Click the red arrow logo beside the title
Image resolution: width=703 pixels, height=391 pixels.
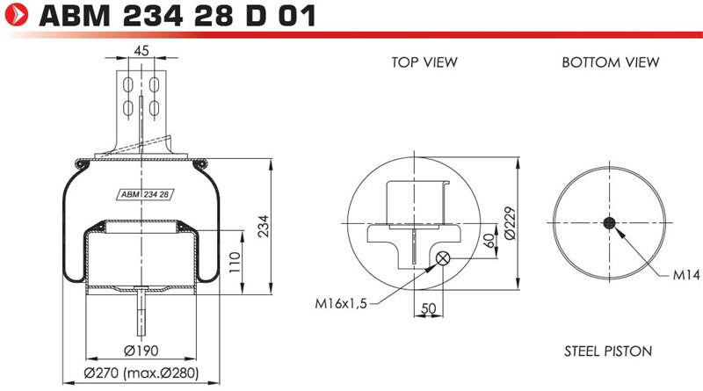click(16, 15)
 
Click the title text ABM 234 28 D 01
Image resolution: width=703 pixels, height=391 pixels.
click(178, 15)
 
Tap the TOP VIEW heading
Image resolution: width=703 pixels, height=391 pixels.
click(424, 62)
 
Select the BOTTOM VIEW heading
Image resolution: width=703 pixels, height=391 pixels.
click(610, 62)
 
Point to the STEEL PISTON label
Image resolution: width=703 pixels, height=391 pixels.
click(608, 351)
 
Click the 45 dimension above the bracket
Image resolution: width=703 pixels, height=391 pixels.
click(141, 51)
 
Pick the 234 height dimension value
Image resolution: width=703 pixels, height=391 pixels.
click(265, 226)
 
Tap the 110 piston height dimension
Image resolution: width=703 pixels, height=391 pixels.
click(235, 263)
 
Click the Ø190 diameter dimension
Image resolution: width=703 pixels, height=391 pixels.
click(141, 351)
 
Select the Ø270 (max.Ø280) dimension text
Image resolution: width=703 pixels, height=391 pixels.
click(141, 373)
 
